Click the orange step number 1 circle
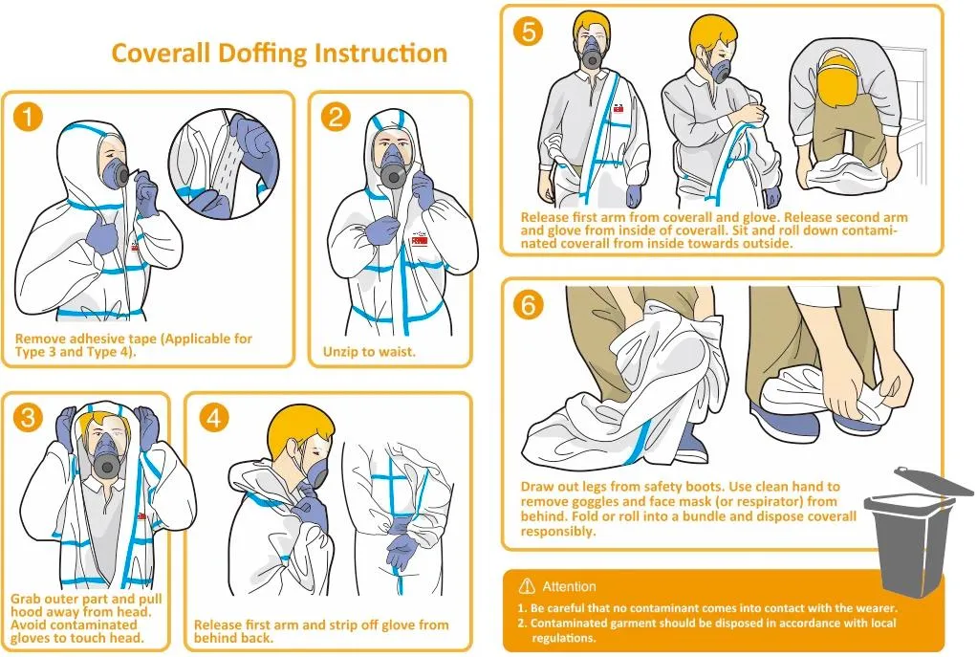28,117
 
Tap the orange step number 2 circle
336,117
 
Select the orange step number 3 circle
28,417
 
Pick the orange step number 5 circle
529,32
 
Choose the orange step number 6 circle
529,305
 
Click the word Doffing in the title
262,54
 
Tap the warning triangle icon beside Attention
527,586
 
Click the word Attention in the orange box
569,586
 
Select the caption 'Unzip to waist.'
369,352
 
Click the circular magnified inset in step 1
224,164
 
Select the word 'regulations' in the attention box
563,638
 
